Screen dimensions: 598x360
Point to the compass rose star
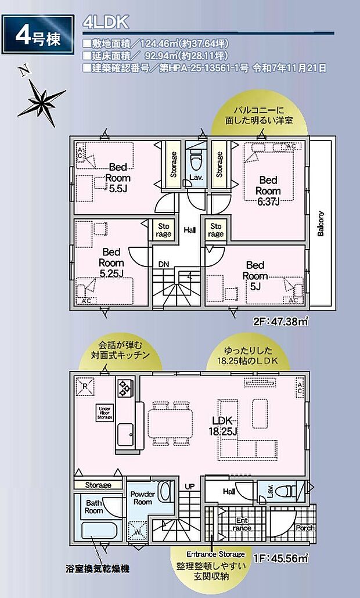click(41, 100)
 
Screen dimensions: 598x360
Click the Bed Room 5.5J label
click(118, 177)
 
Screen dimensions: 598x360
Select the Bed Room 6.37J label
click(269, 190)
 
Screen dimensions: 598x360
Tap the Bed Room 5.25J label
click(110, 262)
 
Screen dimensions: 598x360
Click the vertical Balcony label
click(321, 223)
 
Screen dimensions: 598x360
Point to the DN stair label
click(164, 264)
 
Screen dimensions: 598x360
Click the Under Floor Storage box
click(105, 412)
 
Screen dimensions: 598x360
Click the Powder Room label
click(142, 498)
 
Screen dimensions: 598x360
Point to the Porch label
click(305, 528)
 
